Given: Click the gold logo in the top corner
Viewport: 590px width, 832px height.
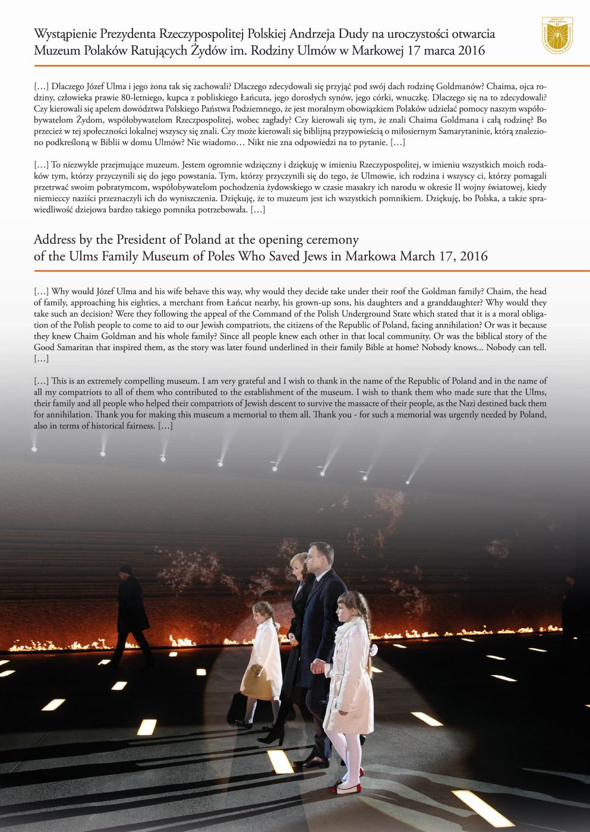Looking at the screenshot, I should coord(557,36).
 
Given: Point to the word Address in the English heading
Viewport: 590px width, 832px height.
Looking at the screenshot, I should coord(55,239).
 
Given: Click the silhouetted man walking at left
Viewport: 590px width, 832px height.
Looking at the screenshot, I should coord(131,606).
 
